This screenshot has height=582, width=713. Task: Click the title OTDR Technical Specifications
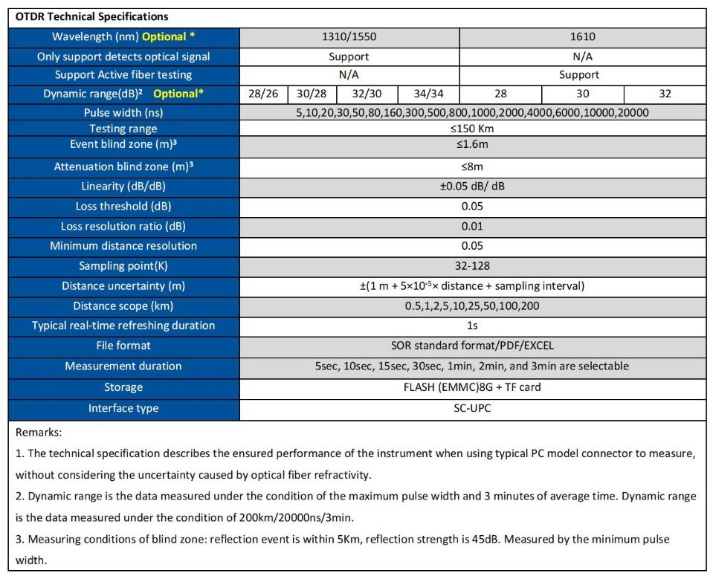pos(91,16)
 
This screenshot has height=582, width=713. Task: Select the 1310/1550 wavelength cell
pos(349,36)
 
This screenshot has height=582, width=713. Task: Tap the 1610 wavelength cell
pos(583,36)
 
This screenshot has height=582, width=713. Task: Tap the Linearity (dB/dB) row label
pos(123,187)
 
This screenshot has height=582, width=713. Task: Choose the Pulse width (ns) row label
pos(123,113)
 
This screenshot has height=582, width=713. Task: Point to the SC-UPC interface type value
pos(471,408)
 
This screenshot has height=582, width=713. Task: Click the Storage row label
pos(123,387)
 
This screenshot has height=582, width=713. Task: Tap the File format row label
pos(123,346)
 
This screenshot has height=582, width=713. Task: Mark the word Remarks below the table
pos(39,432)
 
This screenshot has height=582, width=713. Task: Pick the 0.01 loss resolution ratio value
pos(471,227)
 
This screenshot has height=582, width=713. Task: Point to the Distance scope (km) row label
pos(123,306)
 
